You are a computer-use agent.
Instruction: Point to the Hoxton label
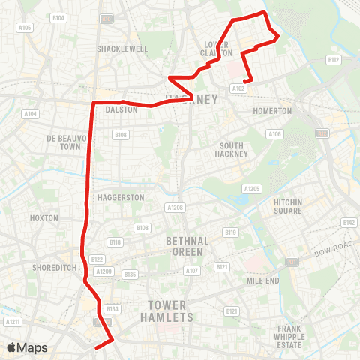[45, 217]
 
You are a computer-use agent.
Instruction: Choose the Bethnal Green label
[183, 245]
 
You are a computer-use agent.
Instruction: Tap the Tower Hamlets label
[171, 310]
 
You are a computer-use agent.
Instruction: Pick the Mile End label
[262, 280]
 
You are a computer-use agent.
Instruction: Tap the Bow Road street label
[332, 250]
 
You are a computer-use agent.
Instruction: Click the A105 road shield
[25, 28]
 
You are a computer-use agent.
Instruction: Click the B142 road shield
[348, 223]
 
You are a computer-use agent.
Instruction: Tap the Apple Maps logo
[27, 347]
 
